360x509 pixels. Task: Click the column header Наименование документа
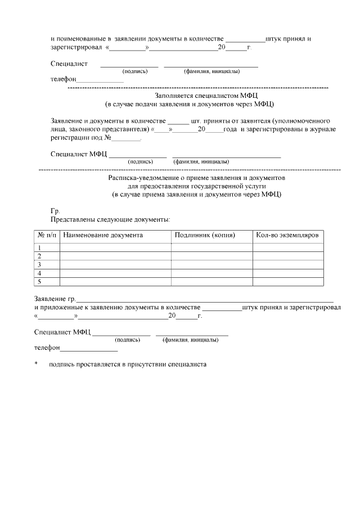(x=103, y=235)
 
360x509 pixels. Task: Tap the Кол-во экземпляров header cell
(x=287, y=235)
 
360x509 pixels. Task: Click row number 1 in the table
(x=40, y=247)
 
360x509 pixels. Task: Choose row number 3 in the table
(x=40, y=264)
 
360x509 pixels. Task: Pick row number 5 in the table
(x=40, y=281)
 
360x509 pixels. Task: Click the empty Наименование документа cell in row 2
(x=115, y=256)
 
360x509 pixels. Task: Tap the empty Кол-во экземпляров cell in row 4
(x=287, y=273)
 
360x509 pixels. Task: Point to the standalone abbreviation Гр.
(x=55, y=210)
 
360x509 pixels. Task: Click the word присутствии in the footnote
(x=143, y=364)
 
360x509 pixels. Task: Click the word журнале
(x=323, y=129)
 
